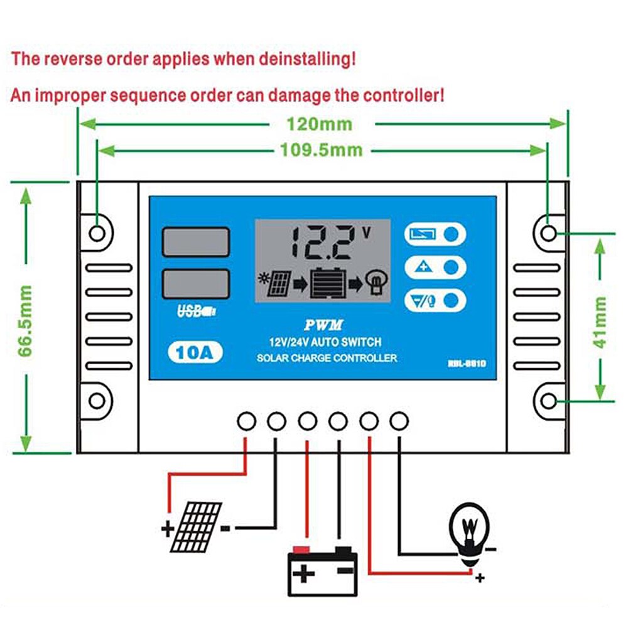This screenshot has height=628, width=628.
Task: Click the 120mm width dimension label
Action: coord(320,124)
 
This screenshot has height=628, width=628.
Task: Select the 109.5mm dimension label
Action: coord(321,150)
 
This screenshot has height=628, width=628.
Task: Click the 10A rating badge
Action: coord(195,352)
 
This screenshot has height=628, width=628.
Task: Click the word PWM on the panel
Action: coord(323,325)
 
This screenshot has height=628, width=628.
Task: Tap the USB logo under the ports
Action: coord(195,310)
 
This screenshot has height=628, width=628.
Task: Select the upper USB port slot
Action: coord(195,242)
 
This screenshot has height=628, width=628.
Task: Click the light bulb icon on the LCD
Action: coord(376,283)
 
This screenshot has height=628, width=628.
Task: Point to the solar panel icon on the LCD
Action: coord(276,284)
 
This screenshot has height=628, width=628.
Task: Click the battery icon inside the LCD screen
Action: coord(328,284)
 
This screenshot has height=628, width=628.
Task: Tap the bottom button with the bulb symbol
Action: coord(435,301)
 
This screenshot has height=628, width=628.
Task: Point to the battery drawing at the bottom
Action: coord(322,571)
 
